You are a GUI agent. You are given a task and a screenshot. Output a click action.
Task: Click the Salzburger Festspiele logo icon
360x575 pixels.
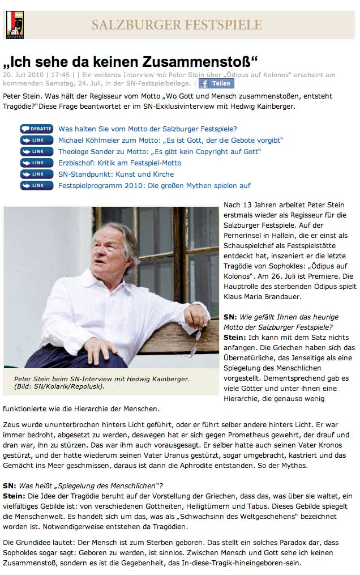pos(14,25)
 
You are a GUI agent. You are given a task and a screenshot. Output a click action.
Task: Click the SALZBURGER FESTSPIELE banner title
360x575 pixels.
pos(177,25)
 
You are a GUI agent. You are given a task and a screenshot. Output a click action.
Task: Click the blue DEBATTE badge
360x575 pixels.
pos(37,129)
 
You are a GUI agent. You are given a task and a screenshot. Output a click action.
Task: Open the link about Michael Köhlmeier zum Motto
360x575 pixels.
pos(170,140)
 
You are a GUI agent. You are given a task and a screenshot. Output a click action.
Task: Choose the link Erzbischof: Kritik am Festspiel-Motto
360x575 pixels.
pos(119,163)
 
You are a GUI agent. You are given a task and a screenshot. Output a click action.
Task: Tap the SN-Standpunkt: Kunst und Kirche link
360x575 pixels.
pos(116,174)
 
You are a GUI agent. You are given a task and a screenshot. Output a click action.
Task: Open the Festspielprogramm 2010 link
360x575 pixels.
pos(154,185)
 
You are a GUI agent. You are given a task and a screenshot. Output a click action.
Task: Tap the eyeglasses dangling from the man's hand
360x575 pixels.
pos(194,342)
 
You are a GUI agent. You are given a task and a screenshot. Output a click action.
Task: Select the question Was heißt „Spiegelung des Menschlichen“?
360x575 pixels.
pos(91,485)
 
